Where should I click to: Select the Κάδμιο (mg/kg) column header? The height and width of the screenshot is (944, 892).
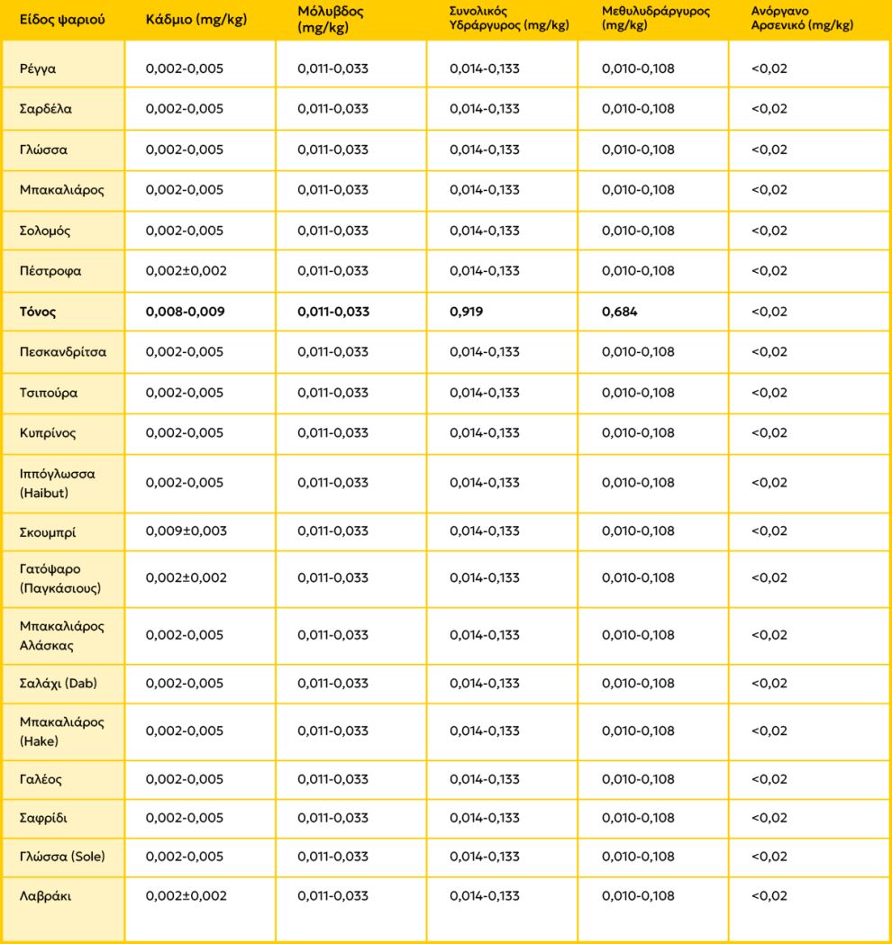click(196, 19)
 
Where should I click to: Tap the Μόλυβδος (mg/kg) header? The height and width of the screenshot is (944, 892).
click(331, 19)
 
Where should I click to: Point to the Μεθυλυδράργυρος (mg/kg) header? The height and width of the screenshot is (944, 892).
click(656, 19)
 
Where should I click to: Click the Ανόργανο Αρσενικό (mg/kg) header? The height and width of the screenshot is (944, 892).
click(802, 19)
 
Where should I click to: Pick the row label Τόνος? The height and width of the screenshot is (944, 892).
click(38, 312)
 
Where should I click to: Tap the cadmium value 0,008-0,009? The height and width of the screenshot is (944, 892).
click(185, 312)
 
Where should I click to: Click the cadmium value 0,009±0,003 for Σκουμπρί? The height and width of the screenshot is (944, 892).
click(187, 531)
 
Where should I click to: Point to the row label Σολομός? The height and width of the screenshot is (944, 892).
click(45, 231)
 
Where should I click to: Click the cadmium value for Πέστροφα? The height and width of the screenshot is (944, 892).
click(187, 271)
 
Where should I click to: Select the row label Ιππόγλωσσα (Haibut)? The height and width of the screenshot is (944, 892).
click(57, 483)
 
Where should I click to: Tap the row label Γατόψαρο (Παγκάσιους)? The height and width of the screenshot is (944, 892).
click(59, 578)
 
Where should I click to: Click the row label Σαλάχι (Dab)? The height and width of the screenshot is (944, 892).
click(59, 683)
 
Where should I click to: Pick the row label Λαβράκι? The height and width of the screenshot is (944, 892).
click(45, 896)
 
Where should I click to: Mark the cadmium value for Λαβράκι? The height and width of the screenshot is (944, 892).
click(187, 896)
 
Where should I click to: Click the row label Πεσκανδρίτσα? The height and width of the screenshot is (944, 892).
click(63, 352)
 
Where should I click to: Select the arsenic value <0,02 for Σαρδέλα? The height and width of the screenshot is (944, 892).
click(769, 109)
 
